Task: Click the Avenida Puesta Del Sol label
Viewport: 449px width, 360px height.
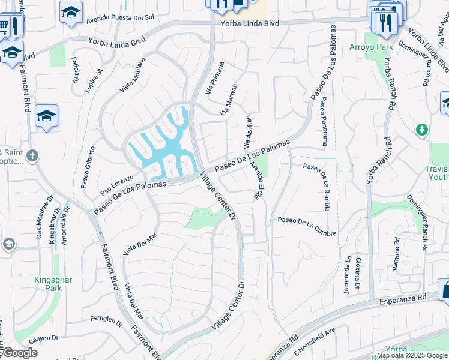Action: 120,19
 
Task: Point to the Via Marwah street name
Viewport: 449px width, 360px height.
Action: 229,99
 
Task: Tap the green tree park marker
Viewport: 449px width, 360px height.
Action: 422,129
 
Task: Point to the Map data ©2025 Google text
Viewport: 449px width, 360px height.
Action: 412,355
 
